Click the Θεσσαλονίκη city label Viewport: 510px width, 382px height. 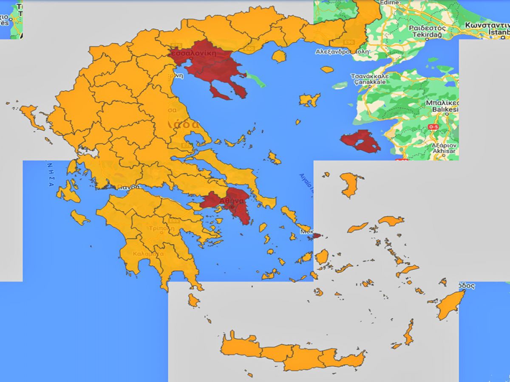tap(193, 53)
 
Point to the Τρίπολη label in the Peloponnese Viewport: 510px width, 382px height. tap(161, 228)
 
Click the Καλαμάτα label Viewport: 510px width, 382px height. tap(148, 253)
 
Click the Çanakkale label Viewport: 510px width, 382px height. tap(369, 82)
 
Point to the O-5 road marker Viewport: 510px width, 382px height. tap(433, 127)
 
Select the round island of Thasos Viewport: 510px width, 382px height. tap(279, 56)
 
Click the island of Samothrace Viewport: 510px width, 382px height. tap(327, 69)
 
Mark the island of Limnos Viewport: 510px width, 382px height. tap(310, 100)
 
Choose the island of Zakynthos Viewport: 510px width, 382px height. tap(79, 218)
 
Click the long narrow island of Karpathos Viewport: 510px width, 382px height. tap(408, 333)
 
